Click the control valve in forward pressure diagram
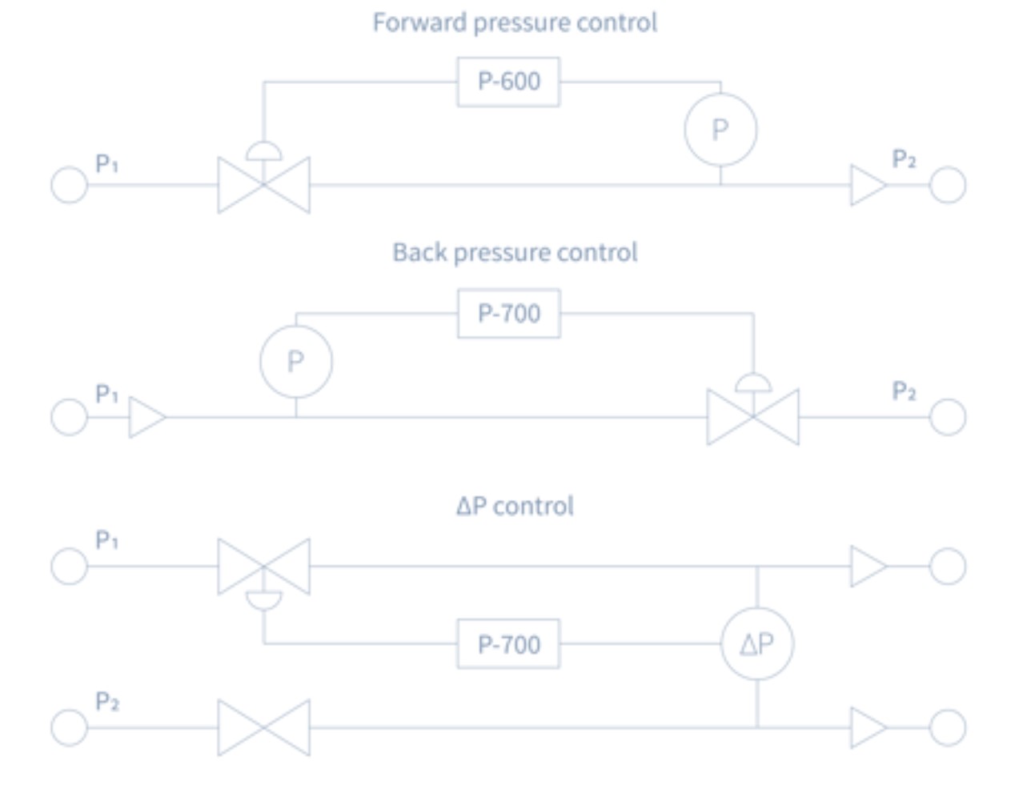tap(263, 185)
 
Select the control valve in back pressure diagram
tap(752, 416)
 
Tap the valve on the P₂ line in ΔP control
tap(263, 727)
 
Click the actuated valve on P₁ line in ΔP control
tap(263, 567)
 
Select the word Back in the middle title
tap(419, 252)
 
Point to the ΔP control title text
tap(515, 506)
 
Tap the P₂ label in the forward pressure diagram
tap(903, 158)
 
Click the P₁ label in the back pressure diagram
tap(106, 394)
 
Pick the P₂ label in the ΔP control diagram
tap(107, 702)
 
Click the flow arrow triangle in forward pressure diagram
tap(868, 185)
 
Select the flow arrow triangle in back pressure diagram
tap(146, 417)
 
